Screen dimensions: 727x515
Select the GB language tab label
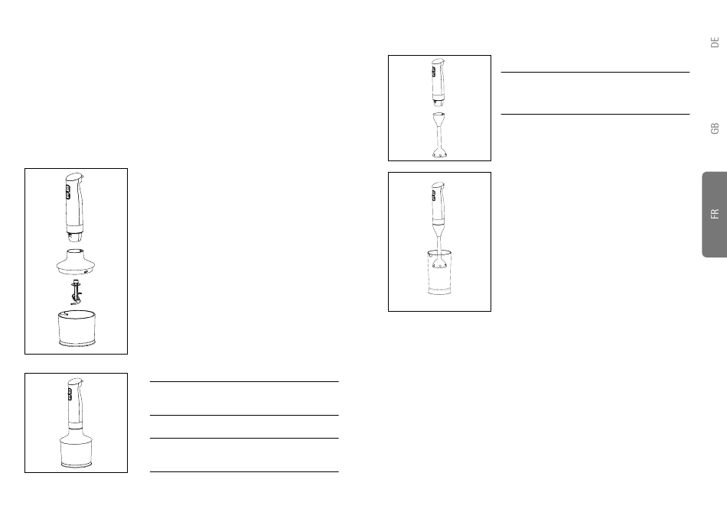click(x=714, y=128)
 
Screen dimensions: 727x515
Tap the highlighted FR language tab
click(x=714, y=214)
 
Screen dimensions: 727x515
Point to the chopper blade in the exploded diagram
click(x=76, y=291)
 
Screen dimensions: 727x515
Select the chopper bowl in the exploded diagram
click(x=76, y=329)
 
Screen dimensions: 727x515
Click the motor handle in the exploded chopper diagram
click(x=74, y=202)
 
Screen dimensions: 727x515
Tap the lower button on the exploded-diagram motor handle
click(x=68, y=196)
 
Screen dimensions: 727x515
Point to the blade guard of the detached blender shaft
click(x=439, y=154)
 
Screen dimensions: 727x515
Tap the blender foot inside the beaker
click(x=439, y=264)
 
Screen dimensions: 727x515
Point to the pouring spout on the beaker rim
click(x=426, y=251)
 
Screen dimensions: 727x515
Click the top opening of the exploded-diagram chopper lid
click(x=76, y=251)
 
